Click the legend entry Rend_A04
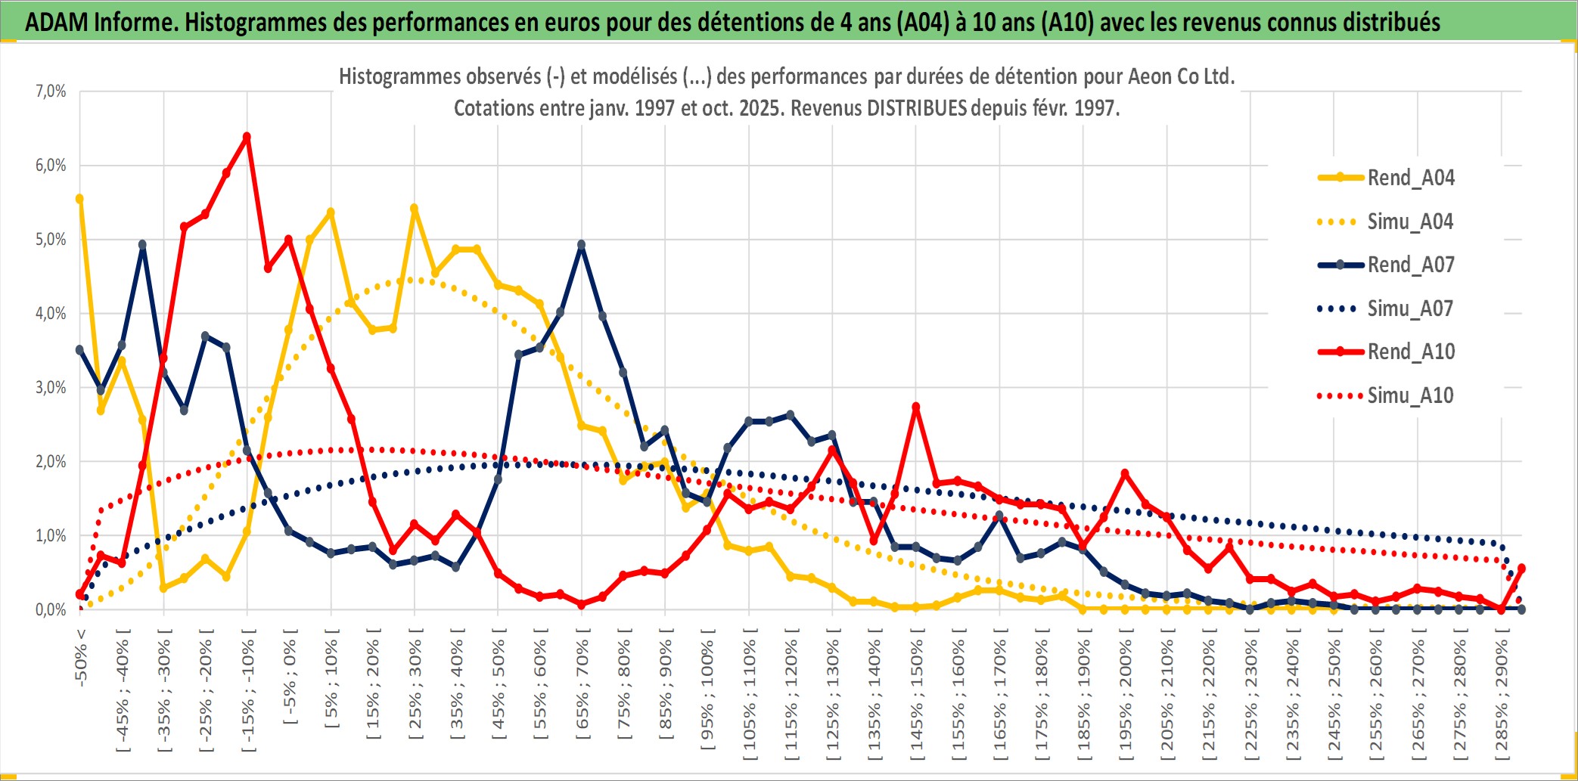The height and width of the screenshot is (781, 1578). click(1410, 178)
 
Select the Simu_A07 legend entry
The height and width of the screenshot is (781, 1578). click(1410, 308)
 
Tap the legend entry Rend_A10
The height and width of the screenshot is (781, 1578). click(1410, 352)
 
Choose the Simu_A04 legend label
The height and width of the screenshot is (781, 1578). click(1410, 222)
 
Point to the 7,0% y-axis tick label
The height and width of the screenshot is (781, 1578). click(51, 91)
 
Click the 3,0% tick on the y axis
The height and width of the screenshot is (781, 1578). click(51, 388)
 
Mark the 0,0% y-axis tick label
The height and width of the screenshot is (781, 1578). click(51, 609)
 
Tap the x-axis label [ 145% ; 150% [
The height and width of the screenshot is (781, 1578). click(917, 696)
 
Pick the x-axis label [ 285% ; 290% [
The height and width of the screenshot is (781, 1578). click(1502, 696)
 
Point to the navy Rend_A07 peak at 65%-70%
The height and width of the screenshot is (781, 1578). click(581, 245)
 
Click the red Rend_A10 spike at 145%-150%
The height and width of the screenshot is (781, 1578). click(916, 407)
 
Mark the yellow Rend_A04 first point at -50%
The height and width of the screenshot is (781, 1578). click(79, 199)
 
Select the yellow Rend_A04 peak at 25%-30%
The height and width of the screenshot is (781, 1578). click(414, 208)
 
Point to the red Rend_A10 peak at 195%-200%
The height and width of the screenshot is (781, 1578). click(1125, 473)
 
